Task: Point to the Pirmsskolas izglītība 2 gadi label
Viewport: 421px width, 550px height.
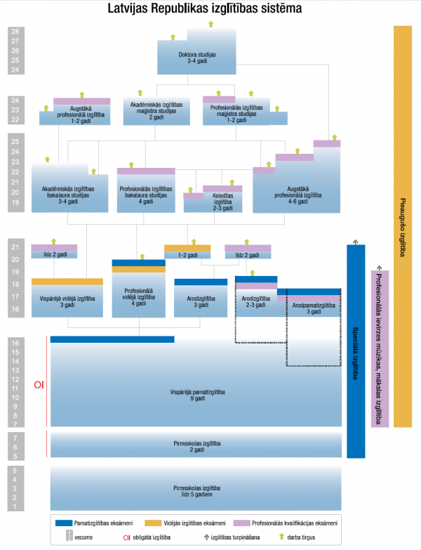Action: click(197, 447)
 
